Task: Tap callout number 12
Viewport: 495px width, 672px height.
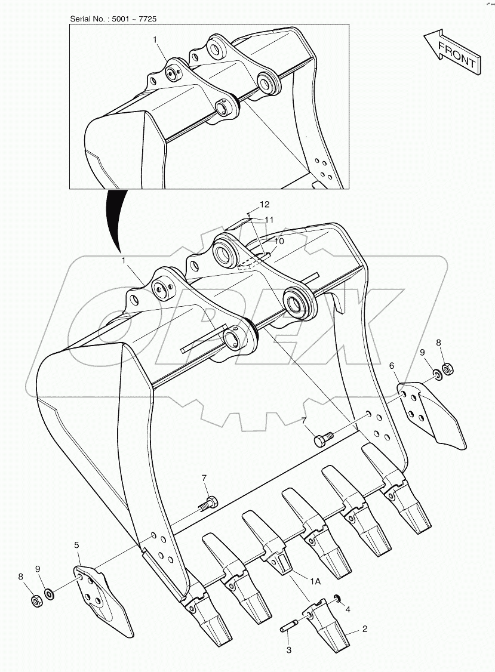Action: point(265,205)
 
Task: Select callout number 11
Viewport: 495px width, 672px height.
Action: point(269,220)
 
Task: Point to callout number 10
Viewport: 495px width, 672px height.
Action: point(279,241)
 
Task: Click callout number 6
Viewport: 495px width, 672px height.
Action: point(392,366)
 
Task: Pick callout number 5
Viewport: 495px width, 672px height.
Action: point(77,545)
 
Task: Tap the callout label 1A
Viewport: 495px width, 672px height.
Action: point(315,581)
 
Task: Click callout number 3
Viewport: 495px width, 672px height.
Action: point(288,650)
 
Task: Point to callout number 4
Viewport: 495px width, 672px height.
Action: point(348,609)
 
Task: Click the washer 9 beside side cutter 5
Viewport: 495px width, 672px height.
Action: point(50,594)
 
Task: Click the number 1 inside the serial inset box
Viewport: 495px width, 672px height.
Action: point(155,40)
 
